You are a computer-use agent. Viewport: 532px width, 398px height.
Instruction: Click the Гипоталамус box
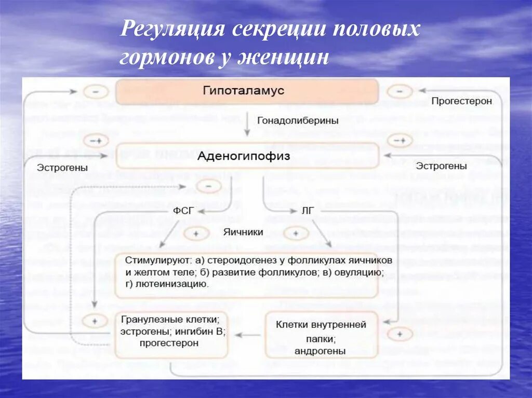pos(247,92)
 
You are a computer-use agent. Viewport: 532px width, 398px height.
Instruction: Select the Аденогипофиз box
pos(247,156)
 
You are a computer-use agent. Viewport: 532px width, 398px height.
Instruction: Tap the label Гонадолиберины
pos(298,120)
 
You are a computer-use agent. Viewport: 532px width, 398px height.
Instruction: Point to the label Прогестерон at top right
pos(461,101)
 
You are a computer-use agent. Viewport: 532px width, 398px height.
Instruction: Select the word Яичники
pos(243,232)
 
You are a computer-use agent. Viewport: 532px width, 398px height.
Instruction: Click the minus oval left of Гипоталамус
pos(96,92)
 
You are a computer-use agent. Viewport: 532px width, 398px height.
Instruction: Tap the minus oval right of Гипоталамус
pos(400,92)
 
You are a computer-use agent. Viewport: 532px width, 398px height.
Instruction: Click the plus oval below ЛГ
pos(296,234)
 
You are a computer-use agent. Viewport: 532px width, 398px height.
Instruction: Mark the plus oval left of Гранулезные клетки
pos(95,321)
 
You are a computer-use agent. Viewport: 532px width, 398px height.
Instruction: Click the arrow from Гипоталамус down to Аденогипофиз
pos(247,124)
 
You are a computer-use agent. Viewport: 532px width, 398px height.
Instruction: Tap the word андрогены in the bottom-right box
pos(320,351)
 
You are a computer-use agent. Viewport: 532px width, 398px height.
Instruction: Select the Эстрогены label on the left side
pos(62,168)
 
